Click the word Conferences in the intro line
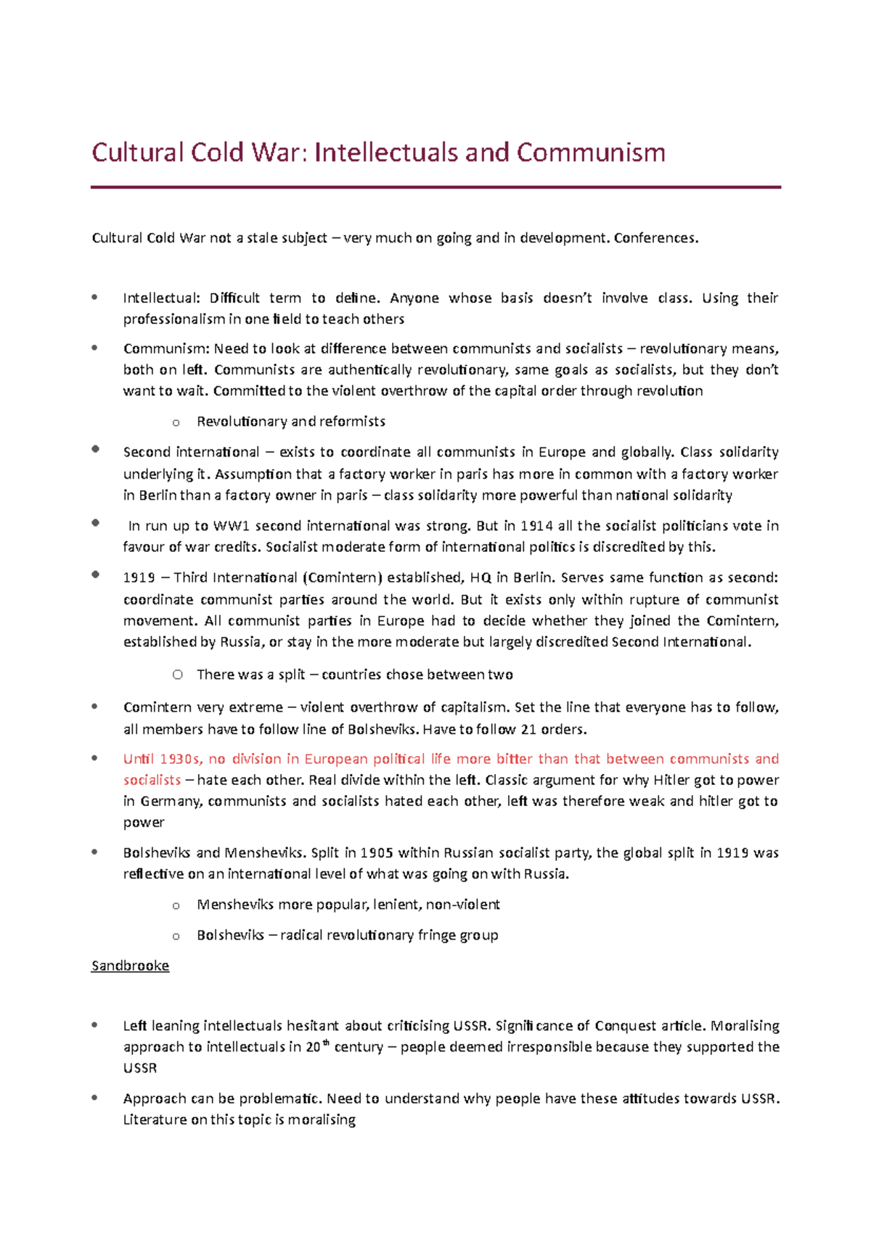[x=655, y=238]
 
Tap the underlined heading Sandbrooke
[x=130, y=966]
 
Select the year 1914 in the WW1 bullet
[x=536, y=526]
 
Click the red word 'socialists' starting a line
[x=152, y=780]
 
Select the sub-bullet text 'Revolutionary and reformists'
[x=290, y=422]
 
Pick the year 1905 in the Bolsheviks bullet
[x=377, y=853]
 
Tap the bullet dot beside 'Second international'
[x=95, y=449]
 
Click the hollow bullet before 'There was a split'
[x=177, y=675]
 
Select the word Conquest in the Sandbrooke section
[x=626, y=1026]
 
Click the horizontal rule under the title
[x=435, y=187]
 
